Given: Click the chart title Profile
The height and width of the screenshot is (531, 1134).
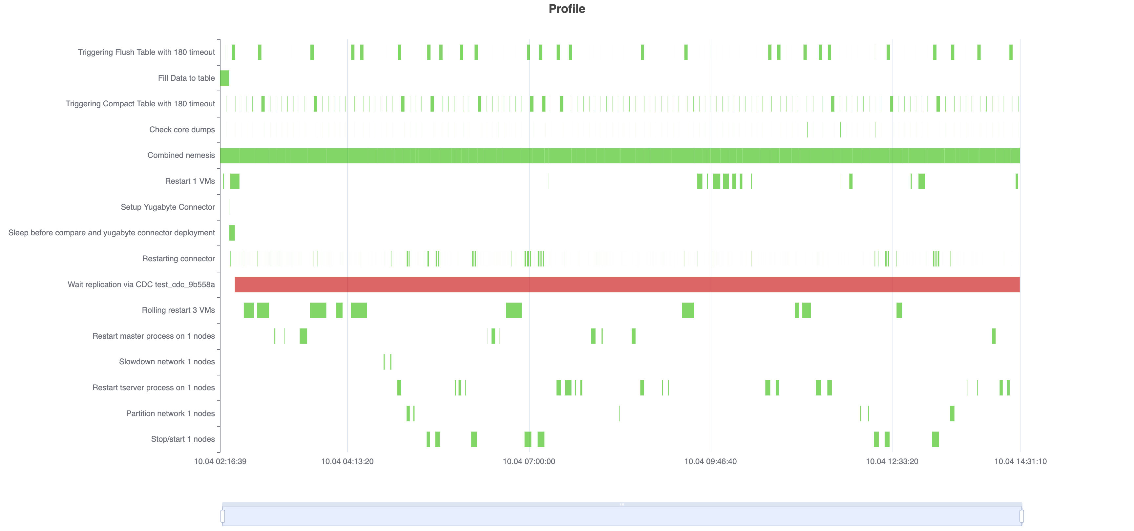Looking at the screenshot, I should click(567, 9).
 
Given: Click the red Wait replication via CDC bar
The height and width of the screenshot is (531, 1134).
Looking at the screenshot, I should click(627, 285).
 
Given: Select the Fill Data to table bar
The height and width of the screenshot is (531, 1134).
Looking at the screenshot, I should click(224, 78).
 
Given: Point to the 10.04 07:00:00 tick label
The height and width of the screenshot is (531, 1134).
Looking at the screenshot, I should click(529, 461).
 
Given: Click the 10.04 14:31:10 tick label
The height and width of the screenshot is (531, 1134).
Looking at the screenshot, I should click(1020, 461).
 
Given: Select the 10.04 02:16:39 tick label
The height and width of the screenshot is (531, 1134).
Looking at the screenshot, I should click(220, 461).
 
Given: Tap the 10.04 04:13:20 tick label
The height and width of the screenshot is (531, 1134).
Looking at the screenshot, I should click(347, 461).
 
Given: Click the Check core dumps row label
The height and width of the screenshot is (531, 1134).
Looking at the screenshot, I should click(182, 129).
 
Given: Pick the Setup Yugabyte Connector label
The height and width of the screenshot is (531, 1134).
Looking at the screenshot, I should click(168, 207).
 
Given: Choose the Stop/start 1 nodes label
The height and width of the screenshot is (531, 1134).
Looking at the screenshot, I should click(183, 439).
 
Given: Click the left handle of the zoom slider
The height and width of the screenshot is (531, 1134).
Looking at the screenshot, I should click(223, 516).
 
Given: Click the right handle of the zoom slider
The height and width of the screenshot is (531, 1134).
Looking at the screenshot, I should click(1021, 516).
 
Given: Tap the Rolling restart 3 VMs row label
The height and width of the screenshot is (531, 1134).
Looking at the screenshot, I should click(178, 310).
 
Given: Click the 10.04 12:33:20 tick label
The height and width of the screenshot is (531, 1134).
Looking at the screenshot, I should click(892, 461).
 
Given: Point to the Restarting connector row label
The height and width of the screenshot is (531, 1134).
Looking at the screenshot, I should click(178, 259).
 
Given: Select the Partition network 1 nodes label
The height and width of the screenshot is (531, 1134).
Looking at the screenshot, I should click(170, 414).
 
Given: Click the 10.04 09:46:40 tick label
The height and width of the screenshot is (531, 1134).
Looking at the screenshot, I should click(710, 461).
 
